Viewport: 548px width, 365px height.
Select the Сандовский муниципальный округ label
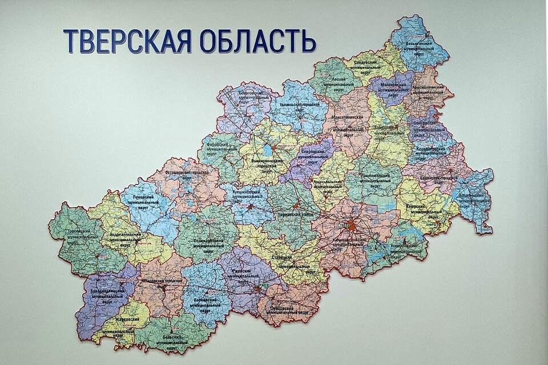pos(372,66)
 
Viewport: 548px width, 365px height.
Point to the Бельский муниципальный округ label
pos(175,342)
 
